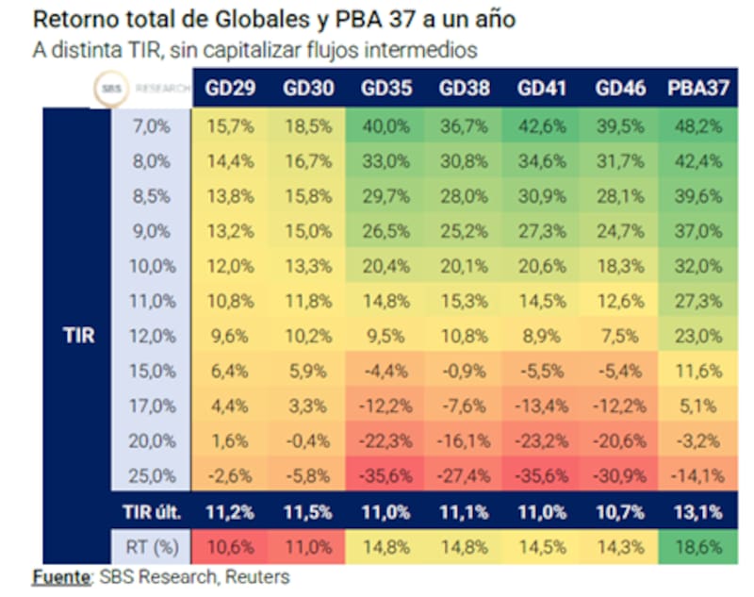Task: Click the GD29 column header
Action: [230, 90]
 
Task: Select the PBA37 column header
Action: [698, 90]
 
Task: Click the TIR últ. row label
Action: [155, 512]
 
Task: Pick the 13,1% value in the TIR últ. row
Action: [698, 512]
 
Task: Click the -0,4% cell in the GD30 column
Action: [307, 439]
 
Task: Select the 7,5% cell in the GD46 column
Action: [619, 335]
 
